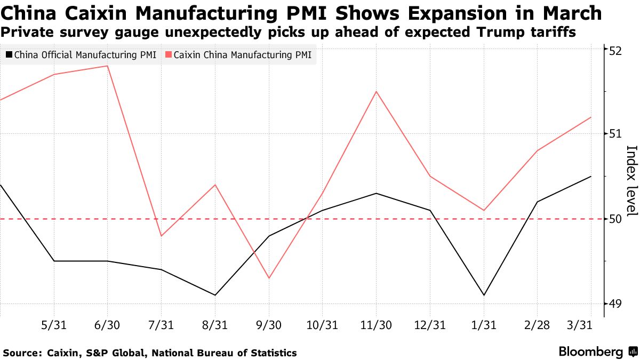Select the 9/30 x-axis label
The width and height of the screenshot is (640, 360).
pos(269,325)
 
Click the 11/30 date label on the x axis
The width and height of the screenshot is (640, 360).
pos(377,325)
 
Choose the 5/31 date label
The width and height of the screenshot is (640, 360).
pos(54,325)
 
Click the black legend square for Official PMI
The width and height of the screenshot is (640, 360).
pos(9,55)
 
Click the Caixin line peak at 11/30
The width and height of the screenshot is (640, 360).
pos(377,91)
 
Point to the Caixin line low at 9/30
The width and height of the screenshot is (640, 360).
pos(269,278)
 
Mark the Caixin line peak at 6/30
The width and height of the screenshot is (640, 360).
pos(108,66)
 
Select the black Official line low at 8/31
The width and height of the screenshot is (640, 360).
pos(215,295)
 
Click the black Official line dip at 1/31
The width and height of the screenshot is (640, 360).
pos(484,295)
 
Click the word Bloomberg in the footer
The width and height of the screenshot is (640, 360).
pos(590,352)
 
